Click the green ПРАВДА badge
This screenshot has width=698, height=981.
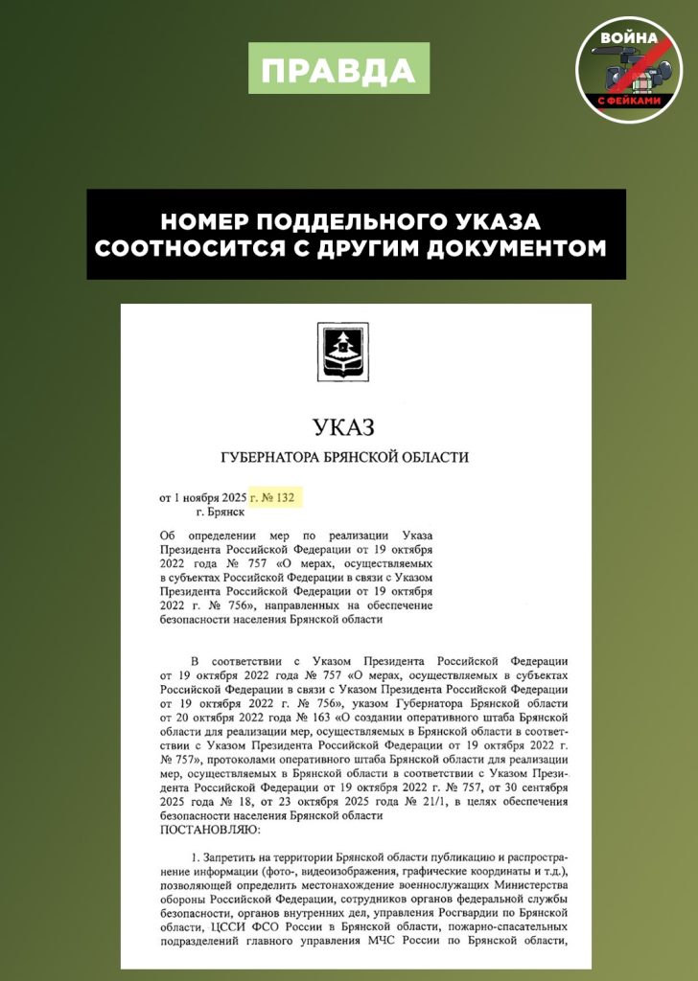[338, 68]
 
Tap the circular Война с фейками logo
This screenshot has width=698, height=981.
[627, 68]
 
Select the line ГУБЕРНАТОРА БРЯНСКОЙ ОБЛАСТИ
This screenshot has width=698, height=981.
[344, 457]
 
